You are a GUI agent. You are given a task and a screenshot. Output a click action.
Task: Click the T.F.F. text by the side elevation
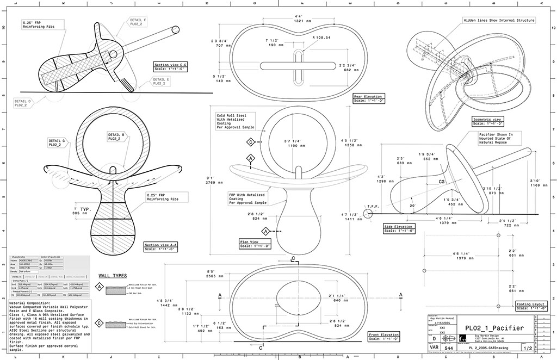[x=373, y=206]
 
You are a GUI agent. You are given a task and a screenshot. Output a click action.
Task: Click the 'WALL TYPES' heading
[x=112, y=275]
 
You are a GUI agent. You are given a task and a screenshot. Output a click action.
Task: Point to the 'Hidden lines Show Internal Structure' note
[x=498, y=20]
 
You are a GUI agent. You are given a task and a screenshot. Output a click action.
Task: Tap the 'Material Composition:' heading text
[x=30, y=302]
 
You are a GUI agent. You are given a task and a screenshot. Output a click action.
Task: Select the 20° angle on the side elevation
[x=412, y=206]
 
